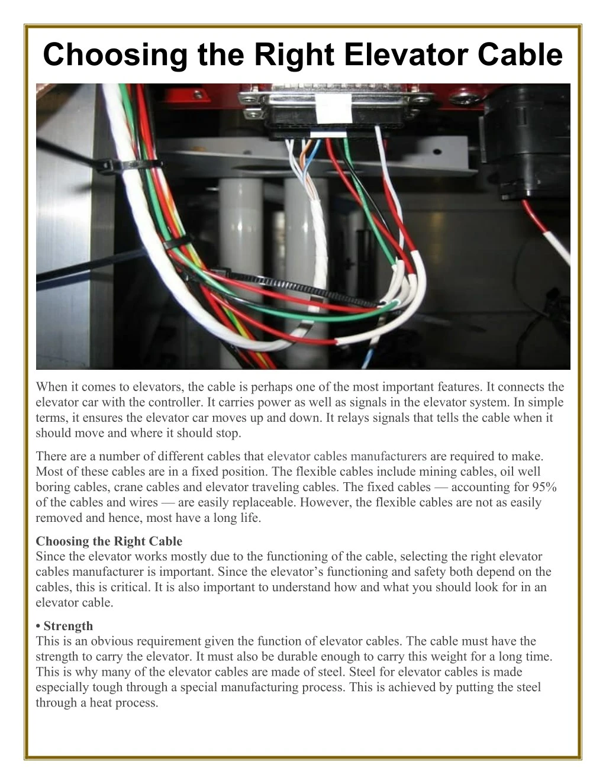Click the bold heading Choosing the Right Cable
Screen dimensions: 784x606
(109, 541)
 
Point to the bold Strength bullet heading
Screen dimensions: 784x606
(68, 625)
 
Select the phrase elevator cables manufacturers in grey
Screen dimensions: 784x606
(347, 456)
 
